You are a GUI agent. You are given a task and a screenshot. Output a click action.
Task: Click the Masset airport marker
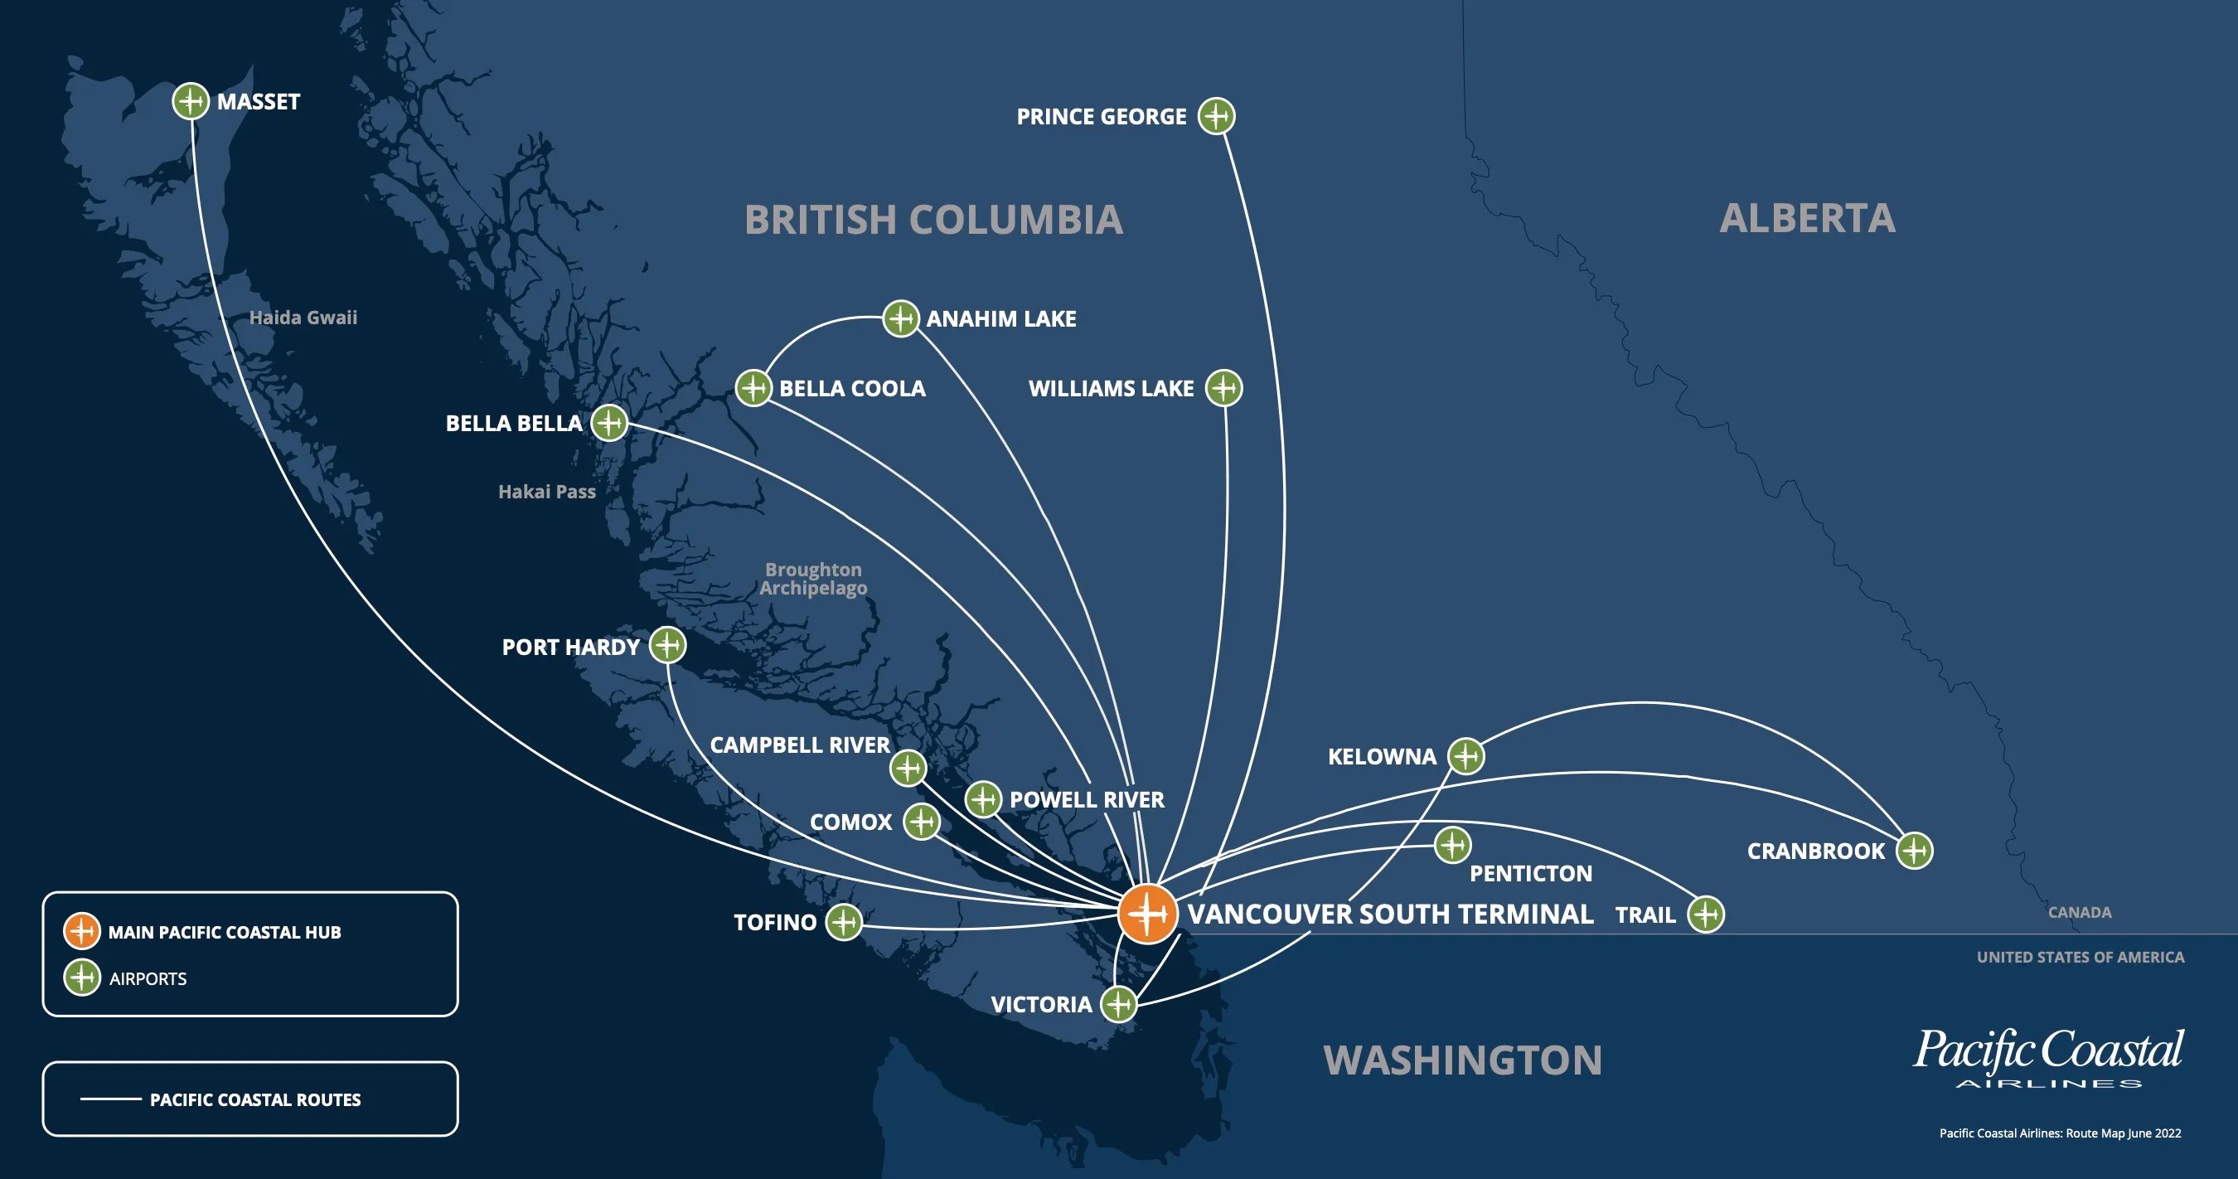(191, 101)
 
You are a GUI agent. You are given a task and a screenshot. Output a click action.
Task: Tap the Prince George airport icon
(1216, 115)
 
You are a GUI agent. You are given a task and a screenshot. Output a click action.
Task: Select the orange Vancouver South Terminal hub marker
(1148, 913)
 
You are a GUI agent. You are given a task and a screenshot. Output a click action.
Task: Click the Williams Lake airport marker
(1224, 387)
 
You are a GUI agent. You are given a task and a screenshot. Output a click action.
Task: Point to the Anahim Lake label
(1000, 319)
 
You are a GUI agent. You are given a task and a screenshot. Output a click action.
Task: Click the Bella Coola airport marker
(753, 387)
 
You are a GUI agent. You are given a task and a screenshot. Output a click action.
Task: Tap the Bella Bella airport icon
(609, 423)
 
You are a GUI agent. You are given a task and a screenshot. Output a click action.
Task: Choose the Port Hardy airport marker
(667, 646)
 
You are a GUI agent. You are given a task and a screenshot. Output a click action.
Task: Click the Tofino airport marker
(843, 922)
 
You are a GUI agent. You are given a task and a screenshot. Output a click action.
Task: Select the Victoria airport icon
(1119, 1003)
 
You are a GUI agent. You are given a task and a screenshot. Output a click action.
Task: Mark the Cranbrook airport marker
(1914, 850)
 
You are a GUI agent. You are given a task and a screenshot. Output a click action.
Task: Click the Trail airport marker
(1705, 914)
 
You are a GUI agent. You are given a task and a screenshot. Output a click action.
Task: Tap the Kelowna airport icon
(1465, 756)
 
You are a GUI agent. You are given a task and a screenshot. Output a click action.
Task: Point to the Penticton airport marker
(1452, 845)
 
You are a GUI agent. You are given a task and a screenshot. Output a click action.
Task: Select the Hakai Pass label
(546, 492)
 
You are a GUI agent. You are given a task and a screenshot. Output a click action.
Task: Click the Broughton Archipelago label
(813, 579)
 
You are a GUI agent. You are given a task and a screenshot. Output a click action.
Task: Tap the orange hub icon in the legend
(82, 931)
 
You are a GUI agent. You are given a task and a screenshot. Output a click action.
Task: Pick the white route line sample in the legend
(110, 1099)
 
